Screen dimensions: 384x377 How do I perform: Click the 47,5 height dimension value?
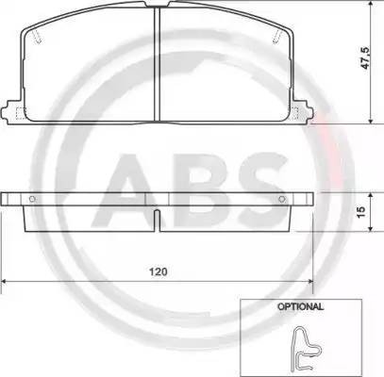[365, 58]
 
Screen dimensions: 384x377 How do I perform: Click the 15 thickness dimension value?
[361, 212]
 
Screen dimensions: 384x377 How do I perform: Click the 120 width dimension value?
[159, 271]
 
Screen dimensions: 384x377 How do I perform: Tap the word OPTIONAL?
[300, 306]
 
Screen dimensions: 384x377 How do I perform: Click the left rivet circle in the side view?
[32, 199]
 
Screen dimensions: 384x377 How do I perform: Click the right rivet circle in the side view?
[282, 199]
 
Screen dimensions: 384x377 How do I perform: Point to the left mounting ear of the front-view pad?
[12, 112]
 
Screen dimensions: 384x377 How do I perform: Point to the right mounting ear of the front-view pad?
[303, 112]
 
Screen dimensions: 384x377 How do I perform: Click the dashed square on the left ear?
[21, 113]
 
